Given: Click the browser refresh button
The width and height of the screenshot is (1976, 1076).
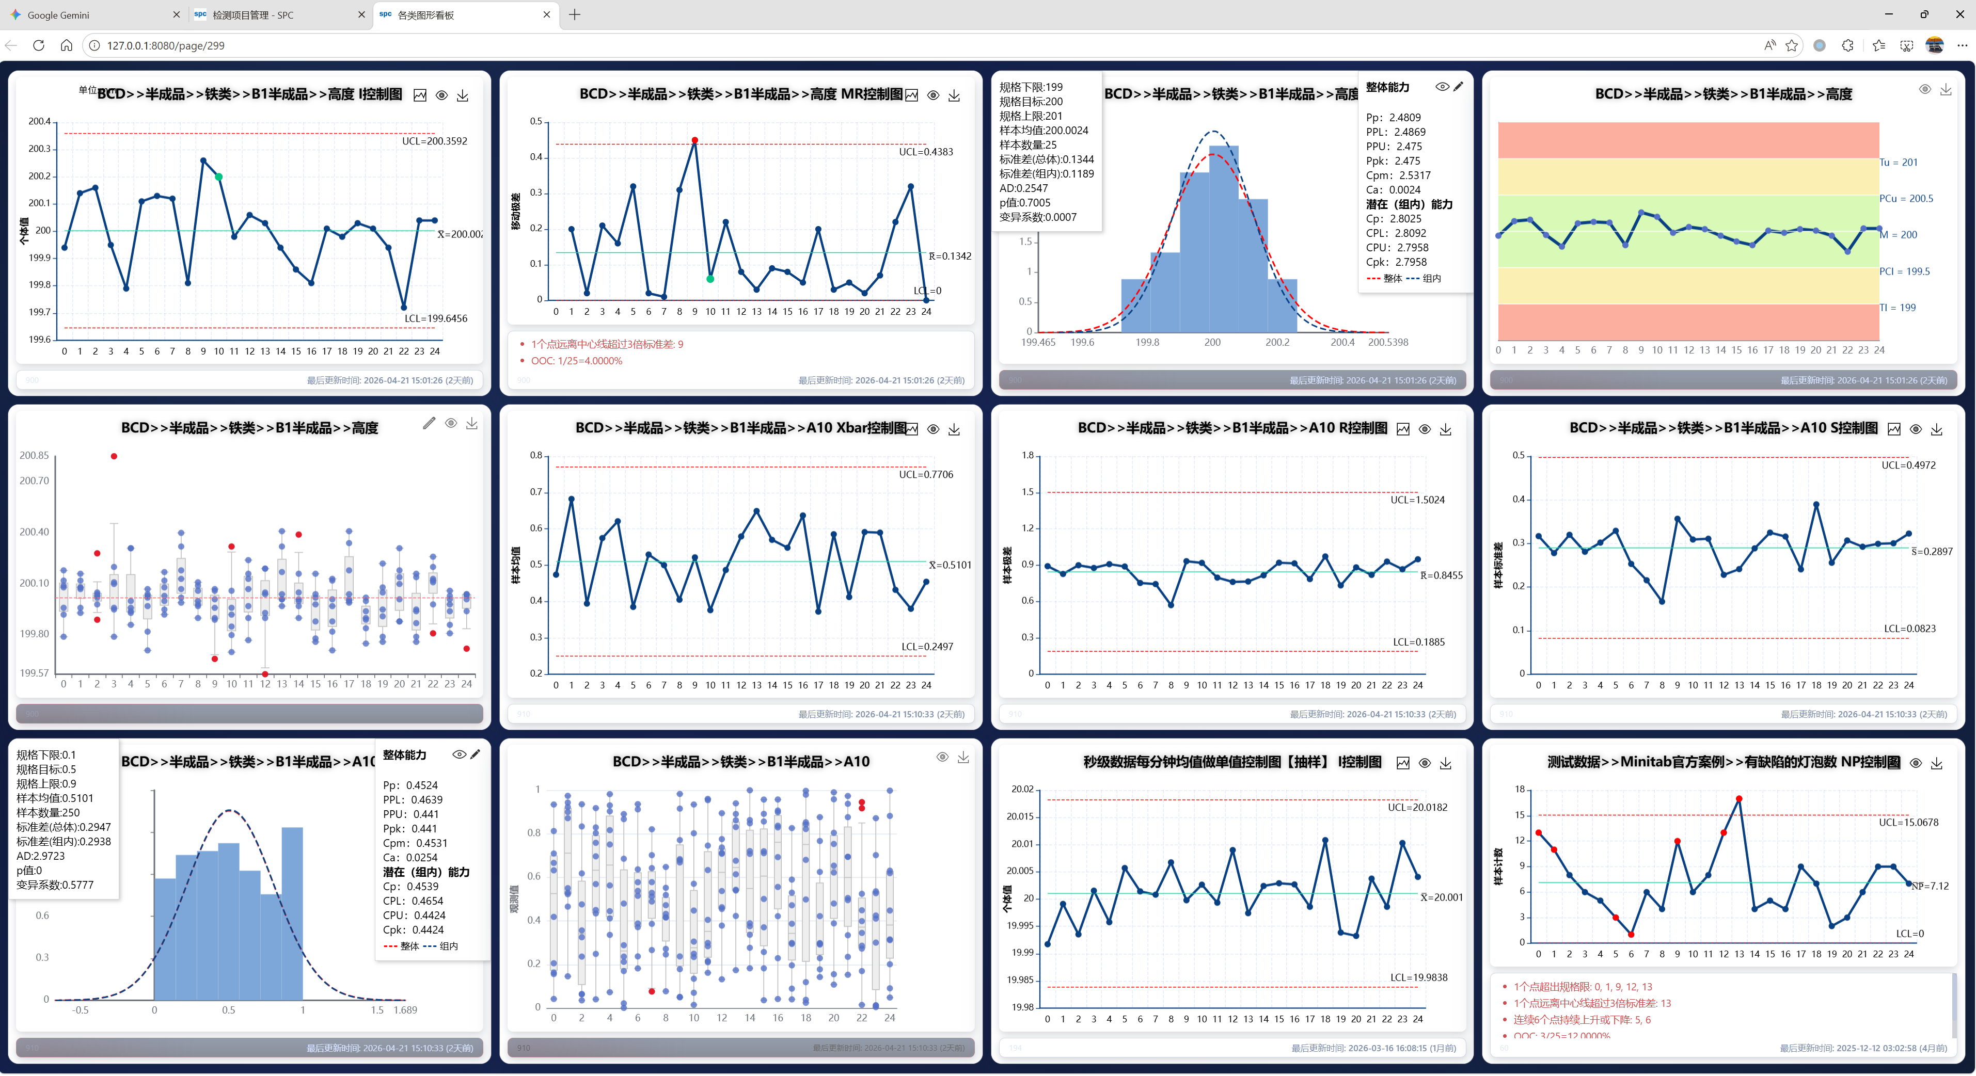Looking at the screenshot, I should (x=38, y=45).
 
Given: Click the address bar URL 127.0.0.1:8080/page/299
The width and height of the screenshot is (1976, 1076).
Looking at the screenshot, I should (x=166, y=45).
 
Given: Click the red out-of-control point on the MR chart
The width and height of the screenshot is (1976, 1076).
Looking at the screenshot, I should (x=694, y=140).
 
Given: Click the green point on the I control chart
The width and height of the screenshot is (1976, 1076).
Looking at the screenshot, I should (x=218, y=177).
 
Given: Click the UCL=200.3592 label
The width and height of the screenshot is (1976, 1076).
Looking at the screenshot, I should (x=434, y=141).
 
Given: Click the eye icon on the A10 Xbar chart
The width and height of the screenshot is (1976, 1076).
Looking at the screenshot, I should (x=933, y=429).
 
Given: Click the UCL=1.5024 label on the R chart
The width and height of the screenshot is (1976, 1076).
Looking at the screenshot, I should (x=1417, y=500).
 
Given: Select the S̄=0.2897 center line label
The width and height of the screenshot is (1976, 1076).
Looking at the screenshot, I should (x=1932, y=552).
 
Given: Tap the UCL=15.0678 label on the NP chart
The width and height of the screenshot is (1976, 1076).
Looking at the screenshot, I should (x=1908, y=822).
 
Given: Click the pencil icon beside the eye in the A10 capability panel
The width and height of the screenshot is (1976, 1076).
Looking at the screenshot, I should (x=476, y=754).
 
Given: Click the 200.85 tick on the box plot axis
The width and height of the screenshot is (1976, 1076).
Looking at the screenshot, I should (x=34, y=456).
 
